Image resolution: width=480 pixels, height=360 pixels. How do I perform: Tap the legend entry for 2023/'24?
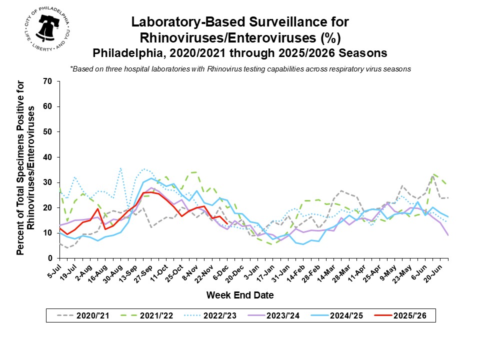[287, 315]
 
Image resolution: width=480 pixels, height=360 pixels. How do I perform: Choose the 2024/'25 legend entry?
[353, 315]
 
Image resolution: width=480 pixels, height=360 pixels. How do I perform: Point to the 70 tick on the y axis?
[48, 81]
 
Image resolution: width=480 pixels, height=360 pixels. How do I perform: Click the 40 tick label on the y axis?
[48, 157]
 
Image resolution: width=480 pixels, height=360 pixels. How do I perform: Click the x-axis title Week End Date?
[240, 295]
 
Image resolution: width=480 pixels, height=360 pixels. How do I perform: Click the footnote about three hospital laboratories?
[240, 69]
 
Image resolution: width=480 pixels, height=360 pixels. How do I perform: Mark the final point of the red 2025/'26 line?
[227, 223]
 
